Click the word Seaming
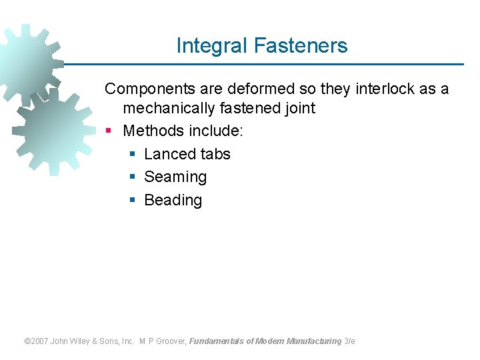175,177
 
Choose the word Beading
173,200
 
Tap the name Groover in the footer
173,341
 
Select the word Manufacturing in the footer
313,341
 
